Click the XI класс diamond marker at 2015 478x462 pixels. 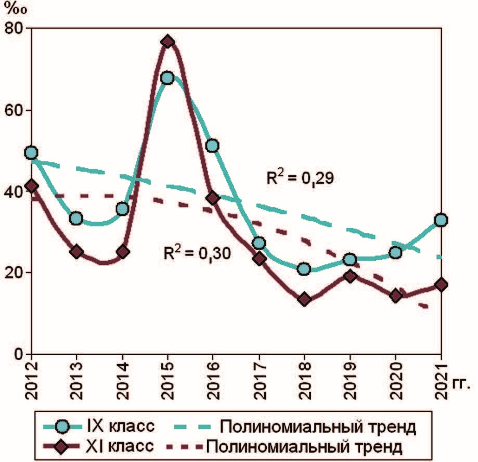[x=167, y=42]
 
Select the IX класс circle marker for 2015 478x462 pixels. [x=167, y=78]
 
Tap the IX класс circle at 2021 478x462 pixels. [x=441, y=220]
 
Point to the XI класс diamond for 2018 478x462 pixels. [x=304, y=299]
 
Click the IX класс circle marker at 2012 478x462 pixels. [x=31, y=152]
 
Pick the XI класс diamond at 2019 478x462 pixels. [x=350, y=276]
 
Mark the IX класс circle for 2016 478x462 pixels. [x=212, y=146]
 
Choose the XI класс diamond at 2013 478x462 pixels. [x=77, y=252]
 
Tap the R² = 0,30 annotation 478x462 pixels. [x=195, y=253]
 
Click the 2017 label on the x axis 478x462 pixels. [x=259, y=383]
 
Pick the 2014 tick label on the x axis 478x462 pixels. [x=122, y=383]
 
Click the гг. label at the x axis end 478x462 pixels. [x=461, y=386]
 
